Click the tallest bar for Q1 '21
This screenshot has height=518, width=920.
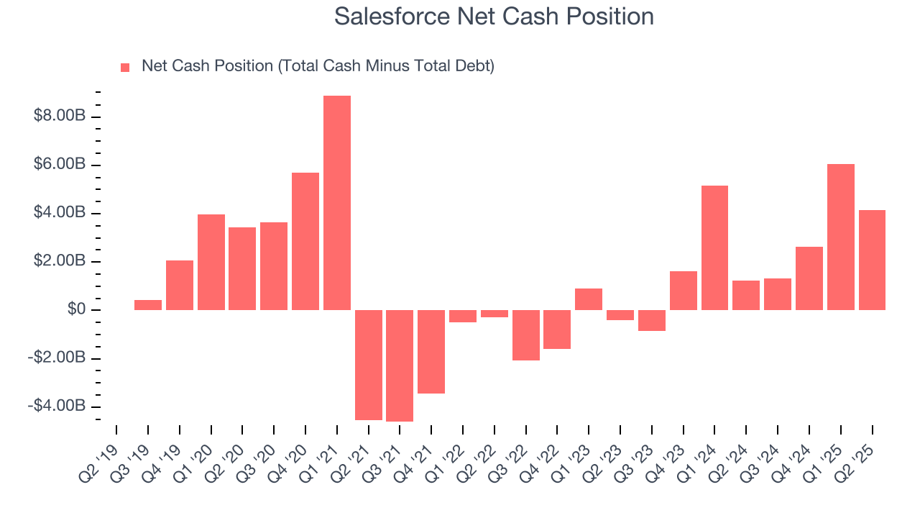click(x=337, y=203)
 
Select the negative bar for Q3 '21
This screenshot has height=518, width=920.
click(x=400, y=365)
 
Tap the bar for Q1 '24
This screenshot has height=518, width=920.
click(x=714, y=247)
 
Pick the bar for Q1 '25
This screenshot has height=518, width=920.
click(x=841, y=237)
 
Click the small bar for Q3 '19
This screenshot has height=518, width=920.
click(x=148, y=305)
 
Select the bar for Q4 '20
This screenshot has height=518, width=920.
click(x=305, y=241)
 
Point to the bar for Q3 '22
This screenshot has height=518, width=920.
click(x=526, y=335)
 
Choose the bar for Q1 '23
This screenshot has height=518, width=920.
click(x=589, y=299)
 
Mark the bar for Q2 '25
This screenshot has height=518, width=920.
click(x=872, y=260)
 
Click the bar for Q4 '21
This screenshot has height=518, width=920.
click(x=431, y=352)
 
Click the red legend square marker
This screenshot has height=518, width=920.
click(x=125, y=67)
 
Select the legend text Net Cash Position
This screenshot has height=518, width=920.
click(x=318, y=66)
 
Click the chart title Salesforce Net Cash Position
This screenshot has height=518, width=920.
click(x=494, y=17)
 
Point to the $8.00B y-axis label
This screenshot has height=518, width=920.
click(x=60, y=117)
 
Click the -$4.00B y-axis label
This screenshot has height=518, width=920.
click(x=57, y=406)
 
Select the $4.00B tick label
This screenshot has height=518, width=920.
click(x=60, y=213)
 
